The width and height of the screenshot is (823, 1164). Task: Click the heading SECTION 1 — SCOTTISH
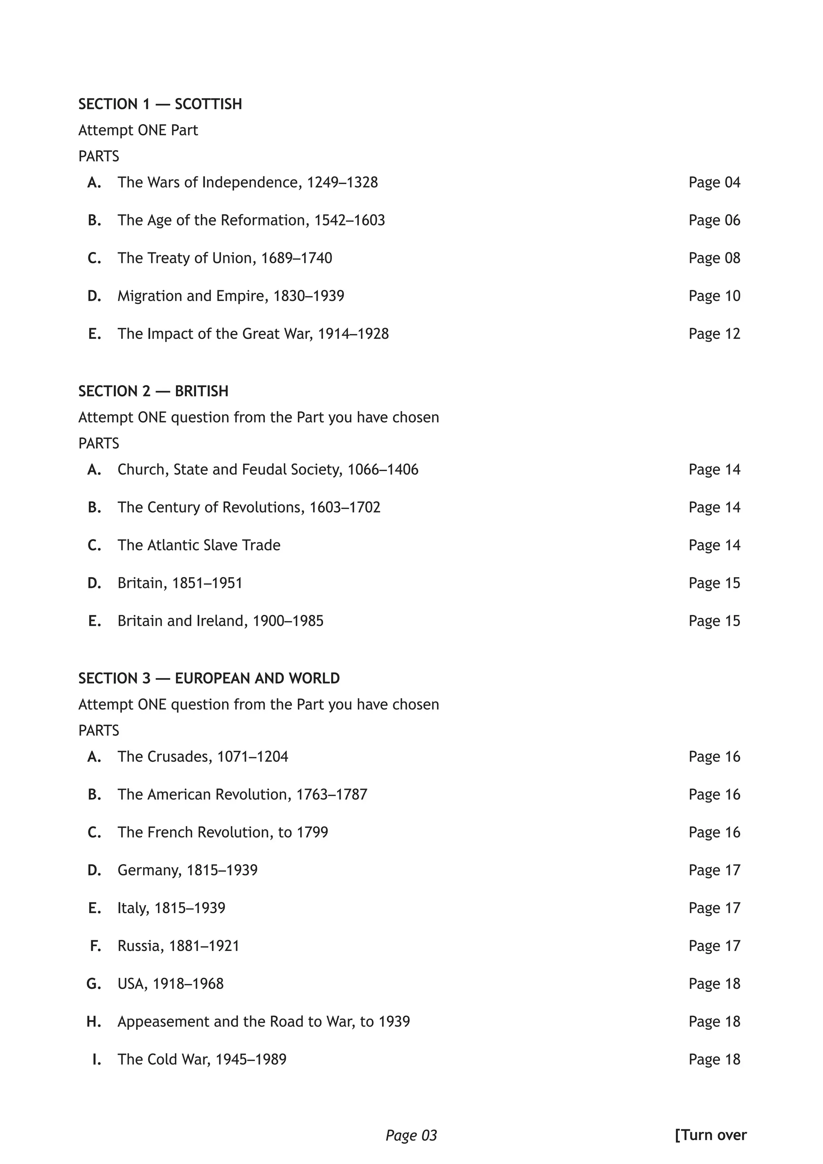[160, 104]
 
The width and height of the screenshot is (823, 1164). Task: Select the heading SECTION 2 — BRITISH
[153, 391]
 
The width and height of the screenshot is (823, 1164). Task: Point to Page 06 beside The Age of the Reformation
[714, 220]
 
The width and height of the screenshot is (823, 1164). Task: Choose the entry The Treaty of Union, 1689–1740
[225, 258]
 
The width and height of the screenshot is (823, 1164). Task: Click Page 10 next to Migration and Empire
[714, 295]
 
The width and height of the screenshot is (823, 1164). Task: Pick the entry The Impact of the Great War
[253, 334]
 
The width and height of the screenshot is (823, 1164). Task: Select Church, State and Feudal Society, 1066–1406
[268, 469]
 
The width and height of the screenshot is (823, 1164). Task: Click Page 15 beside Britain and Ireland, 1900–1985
[714, 621]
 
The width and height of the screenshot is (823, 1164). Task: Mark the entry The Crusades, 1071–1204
[203, 756]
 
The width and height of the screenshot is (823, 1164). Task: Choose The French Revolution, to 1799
[223, 832]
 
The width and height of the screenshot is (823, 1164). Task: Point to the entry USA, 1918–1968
[170, 984]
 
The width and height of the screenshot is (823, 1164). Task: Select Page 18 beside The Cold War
[714, 1059]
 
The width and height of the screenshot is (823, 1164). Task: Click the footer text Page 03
[411, 1135]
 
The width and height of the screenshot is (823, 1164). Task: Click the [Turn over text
[710, 1135]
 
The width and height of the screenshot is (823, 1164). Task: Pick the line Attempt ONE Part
[138, 130]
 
